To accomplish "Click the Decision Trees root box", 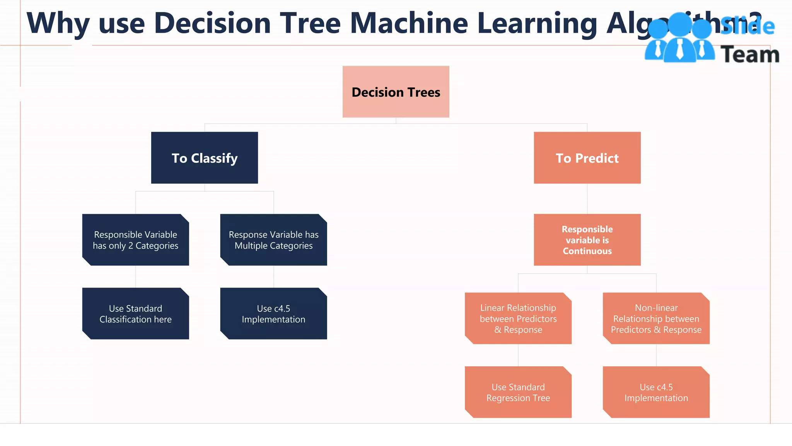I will tap(396, 92).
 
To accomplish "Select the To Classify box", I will tap(204, 158).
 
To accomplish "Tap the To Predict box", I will tap(587, 158).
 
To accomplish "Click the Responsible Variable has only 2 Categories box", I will tap(135, 240).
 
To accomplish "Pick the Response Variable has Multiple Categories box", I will tap(273, 240).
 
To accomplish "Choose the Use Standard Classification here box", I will tap(135, 314).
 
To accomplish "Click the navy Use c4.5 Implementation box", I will tap(273, 314).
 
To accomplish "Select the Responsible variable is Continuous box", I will tap(587, 240).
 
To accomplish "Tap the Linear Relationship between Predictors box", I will tap(518, 318).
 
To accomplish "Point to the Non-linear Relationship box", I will tap(656, 318).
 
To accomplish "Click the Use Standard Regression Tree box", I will tap(518, 392).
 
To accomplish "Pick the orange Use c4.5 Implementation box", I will tap(656, 392).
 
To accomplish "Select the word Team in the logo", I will tap(749, 55).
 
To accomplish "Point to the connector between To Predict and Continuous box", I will tap(587, 199).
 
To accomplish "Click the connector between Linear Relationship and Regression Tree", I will tap(518, 355).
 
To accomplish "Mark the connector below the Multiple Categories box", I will tap(274, 276).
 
